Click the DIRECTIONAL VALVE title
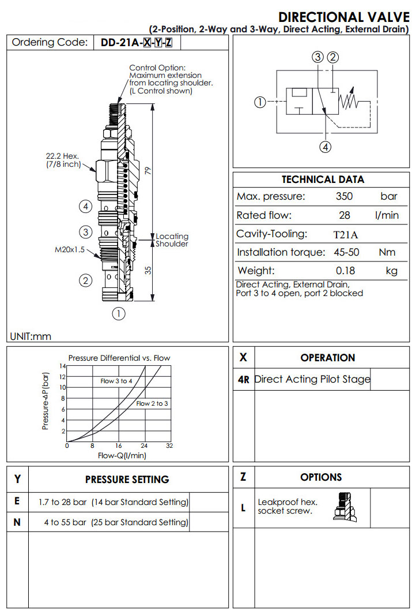click(343, 17)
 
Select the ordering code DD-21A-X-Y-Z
click(137, 42)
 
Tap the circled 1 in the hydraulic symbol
click(260, 102)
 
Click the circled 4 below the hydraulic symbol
click(326, 147)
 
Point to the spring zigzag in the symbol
click(350, 102)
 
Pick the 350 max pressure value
click(345, 196)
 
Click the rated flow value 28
click(345, 215)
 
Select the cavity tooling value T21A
click(345, 234)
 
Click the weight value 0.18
click(345, 271)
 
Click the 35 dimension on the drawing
click(148, 269)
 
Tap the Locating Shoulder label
click(172, 239)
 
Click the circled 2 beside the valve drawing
click(85, 281)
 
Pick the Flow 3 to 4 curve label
click(116, 381)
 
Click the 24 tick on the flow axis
click(144, 446)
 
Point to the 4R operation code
click(243, 380)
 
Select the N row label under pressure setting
click(17, 522)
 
